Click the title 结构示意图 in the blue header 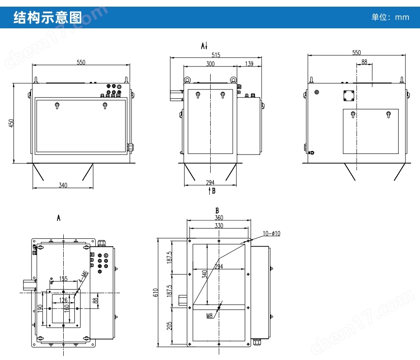pos(48,17)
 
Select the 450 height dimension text pos(11,123)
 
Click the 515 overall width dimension pos(216,55)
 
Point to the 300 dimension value pos(210,64)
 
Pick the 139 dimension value pos(249,64)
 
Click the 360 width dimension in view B pos(219,217)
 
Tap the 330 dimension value pos(219,225)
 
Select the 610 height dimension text pos(155,292)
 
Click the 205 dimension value pos(170,326)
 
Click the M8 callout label pos(210,316)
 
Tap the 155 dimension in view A pos(63,279)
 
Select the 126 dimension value pos(63,300)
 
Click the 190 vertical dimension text pos(40,308)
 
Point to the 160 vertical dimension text pos(67,308)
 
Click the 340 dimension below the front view pos(63,186)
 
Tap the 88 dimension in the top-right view pos(364,62)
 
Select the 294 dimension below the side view pos(210,182)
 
